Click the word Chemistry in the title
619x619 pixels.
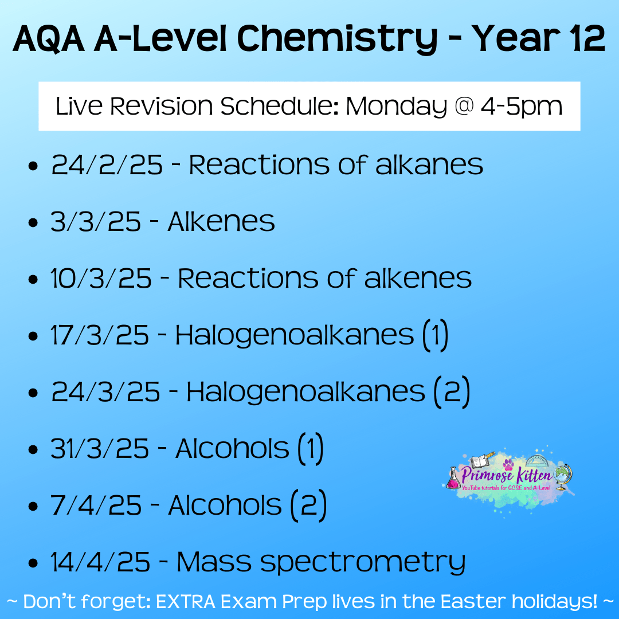point(337,40)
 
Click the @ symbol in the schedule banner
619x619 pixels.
point(464,106)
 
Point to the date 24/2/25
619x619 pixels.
point(107,164)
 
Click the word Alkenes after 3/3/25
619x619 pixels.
point(221,221)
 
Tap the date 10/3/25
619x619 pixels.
point(101,279)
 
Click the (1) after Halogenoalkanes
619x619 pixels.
point(435,335)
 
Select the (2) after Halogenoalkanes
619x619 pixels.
point(452,392)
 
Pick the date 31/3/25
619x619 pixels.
point(100,449)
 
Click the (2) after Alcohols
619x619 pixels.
point(309,506)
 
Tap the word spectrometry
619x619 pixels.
point(363,563)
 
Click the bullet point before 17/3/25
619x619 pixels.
point(33,336)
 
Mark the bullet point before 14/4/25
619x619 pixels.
point(33,563)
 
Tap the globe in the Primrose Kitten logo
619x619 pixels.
point(563,476)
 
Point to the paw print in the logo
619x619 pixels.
point(508,465)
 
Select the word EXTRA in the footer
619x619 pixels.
point(186,602)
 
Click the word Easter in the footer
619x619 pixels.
point(473,602)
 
